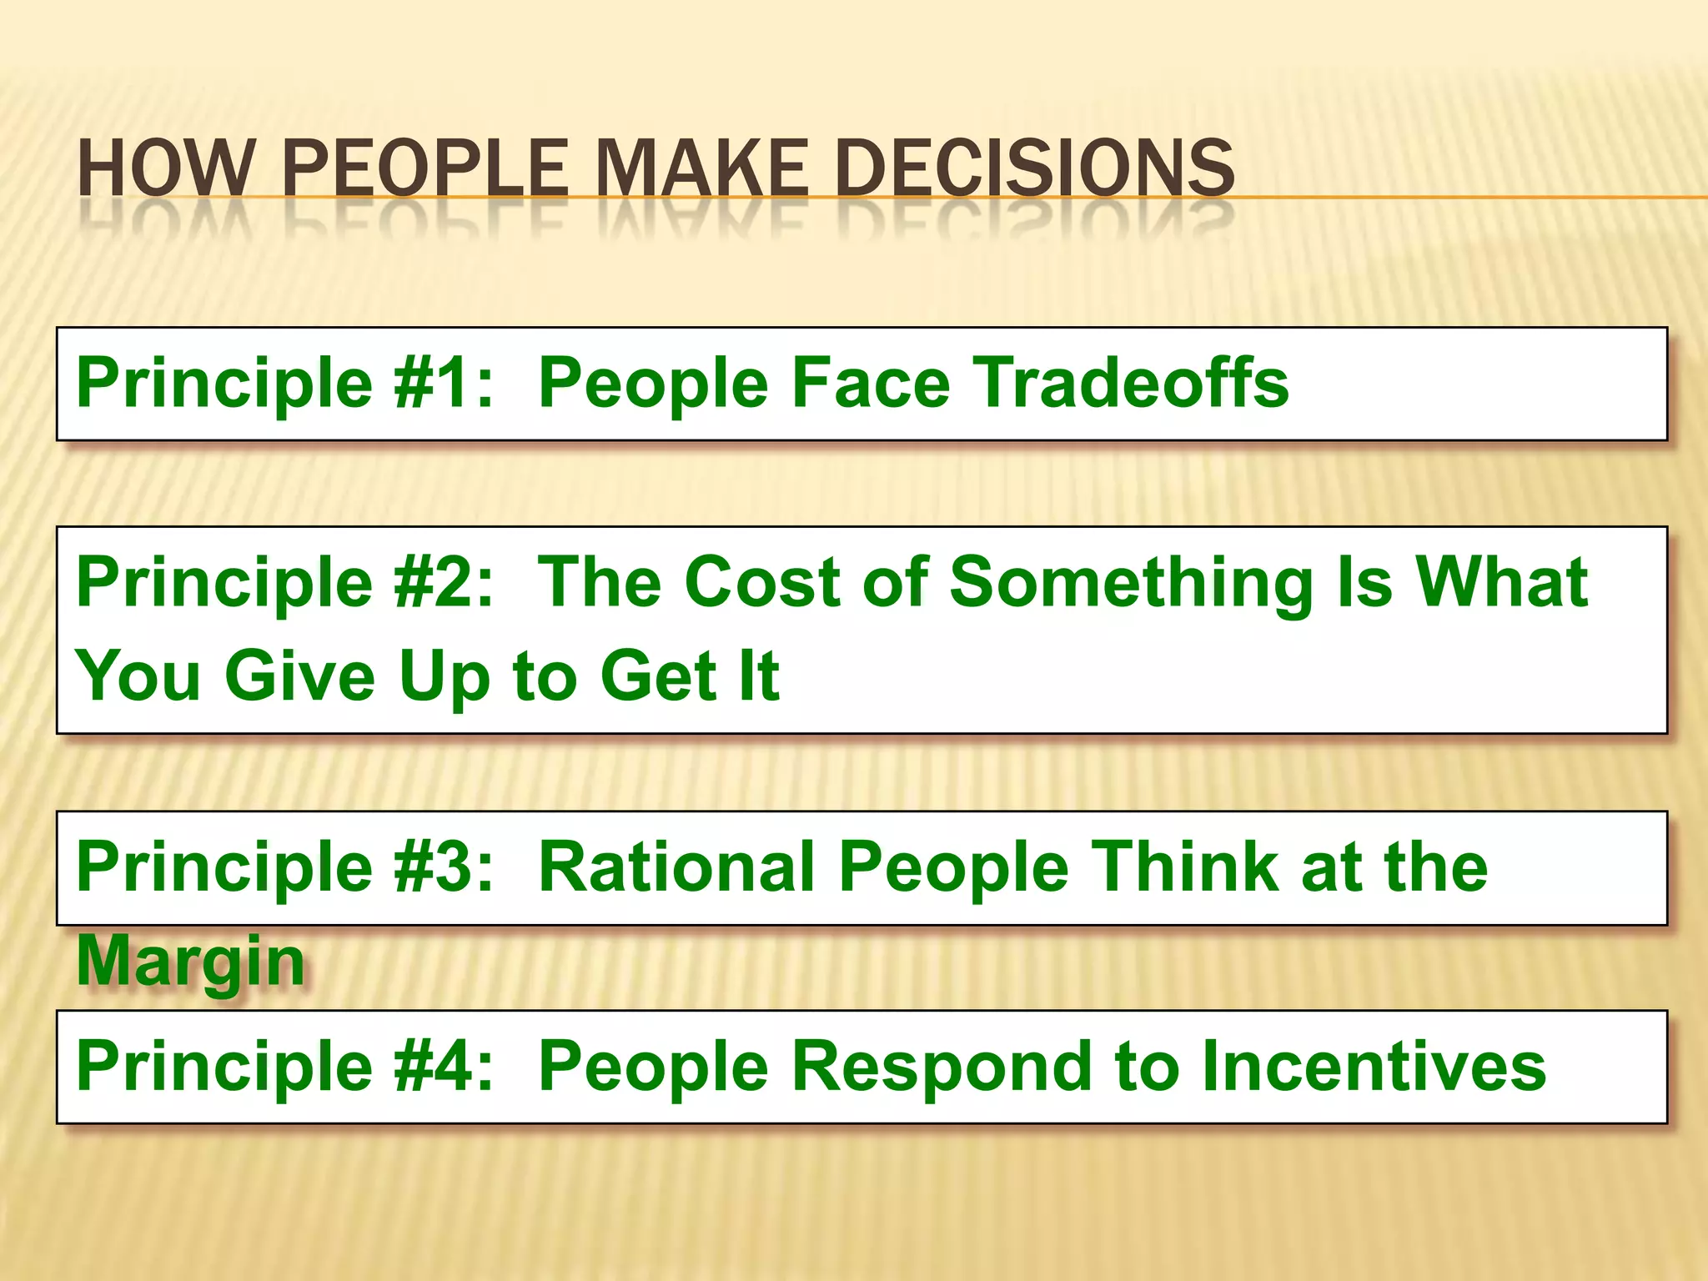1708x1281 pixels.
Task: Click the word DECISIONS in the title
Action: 1034,168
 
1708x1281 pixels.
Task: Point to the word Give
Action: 300,676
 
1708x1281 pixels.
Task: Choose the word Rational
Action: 676,867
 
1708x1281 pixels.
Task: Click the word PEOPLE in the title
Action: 424,168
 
